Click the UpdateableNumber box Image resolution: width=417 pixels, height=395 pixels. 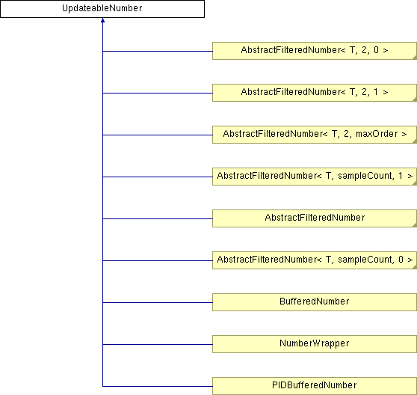click(102, 9)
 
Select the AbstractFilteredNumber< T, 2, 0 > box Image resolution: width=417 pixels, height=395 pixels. click(315, 51)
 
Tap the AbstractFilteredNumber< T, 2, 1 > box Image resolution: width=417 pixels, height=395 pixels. click(315, 93)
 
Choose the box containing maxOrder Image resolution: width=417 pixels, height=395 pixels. click(315, 135)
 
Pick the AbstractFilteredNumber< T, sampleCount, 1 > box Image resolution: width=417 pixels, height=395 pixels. click(315, 177)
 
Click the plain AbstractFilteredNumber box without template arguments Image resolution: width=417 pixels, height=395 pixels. click(315, 218)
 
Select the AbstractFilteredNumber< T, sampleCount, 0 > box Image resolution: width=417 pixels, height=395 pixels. click(315, 260)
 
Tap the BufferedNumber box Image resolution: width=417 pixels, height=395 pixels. click(315, 302)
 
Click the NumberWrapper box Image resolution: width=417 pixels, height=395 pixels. click(315, 344)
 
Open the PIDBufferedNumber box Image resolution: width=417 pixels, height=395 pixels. click(315, 386)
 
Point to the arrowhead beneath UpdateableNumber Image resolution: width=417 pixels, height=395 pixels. click(102, 20)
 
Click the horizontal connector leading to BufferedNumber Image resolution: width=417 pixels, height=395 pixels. click(158, 302)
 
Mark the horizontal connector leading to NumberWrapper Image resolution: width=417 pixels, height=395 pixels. click(158, 344)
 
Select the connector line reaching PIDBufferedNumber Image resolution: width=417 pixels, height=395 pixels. click(158, 386)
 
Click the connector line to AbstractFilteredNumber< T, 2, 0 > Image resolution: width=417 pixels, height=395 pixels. click(158, 51)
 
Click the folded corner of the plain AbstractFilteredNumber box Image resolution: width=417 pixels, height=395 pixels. click(415, 225)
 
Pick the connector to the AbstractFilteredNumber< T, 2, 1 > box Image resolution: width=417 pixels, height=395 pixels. click(158, 94)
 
